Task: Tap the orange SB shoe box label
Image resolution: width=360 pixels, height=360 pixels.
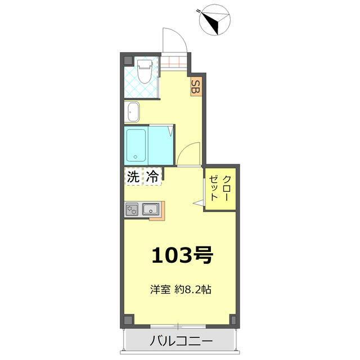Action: (196, 86)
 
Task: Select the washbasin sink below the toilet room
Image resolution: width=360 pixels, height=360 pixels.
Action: (132, 112)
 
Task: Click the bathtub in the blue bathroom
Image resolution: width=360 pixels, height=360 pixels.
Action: (136, 145)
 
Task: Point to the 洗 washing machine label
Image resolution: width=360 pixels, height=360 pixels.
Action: (133, 177)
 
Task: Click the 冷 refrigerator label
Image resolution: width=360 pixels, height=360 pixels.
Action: (152, 177)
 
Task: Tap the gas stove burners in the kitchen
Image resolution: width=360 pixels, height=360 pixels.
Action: (132, 209)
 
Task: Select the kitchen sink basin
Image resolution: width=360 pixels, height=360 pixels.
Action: (151, 209)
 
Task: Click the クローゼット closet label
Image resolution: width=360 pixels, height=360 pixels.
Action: (220, 188)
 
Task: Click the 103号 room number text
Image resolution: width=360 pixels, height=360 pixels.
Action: (183, 255)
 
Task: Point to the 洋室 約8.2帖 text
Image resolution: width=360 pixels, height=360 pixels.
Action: (181, 290)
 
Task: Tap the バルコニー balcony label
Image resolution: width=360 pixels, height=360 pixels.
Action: (181, 341)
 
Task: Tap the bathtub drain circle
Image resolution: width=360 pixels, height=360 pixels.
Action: (136, 157)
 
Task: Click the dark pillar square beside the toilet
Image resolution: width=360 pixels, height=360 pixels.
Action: (128, 60)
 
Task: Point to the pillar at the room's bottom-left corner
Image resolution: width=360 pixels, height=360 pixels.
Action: (129, 319)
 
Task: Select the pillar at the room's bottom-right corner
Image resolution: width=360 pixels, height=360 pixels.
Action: (233, 319)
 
